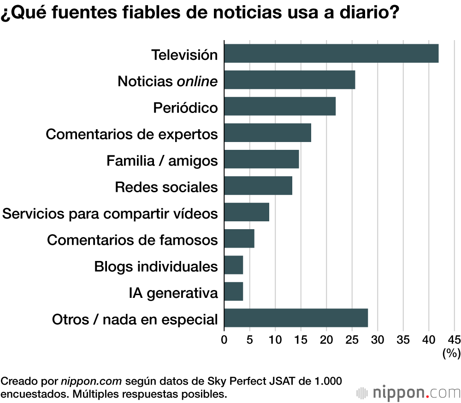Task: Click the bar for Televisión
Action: [331, 53]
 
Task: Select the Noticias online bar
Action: [290, 80]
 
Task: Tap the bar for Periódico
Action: [280, 107]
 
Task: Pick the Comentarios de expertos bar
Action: [267, 133]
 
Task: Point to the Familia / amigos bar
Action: [261, 160]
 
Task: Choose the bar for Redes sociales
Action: [258, 186]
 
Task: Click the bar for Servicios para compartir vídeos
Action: [247, 212]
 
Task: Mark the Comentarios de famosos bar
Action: [239, 239]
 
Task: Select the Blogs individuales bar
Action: [234, 265]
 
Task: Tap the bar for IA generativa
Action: [234, 291]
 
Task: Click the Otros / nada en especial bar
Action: [296, 318]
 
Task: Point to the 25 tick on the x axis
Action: [352, 340]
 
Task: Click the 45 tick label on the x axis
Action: [454, 340]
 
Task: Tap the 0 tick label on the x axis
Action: [225, 340]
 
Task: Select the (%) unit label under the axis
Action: [451, 354]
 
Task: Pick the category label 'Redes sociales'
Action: [166, 187]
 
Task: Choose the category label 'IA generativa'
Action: [173, 292]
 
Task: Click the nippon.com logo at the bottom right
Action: [408, 392]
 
